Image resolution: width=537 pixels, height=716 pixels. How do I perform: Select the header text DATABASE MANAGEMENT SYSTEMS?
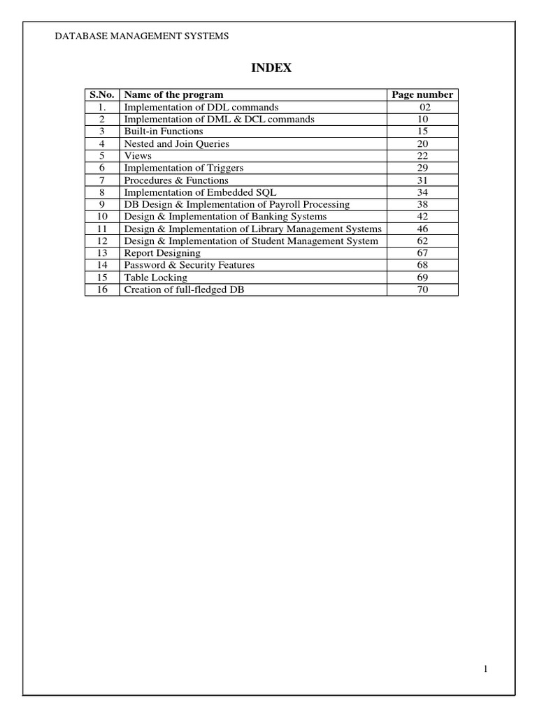(x=142, y=36)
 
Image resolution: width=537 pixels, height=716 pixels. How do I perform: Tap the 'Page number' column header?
(x=422, y=95)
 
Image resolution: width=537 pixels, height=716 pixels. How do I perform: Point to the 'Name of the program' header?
(x=173, y=95)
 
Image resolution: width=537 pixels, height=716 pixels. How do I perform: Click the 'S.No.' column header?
(x=102, y=95)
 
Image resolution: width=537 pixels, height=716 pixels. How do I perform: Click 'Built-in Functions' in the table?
(x=164, y=131)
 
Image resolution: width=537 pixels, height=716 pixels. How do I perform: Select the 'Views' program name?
(x=138, y=156)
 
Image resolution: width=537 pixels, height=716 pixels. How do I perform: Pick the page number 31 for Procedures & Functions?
(x=422, y=180)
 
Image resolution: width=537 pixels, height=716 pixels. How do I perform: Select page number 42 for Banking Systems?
(x=422, y=217)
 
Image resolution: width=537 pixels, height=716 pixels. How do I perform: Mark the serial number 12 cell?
(x=102, y=241)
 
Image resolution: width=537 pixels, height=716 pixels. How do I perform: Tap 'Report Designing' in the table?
(x=162, y=253)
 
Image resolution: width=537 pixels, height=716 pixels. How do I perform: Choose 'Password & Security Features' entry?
(x=189, y=265)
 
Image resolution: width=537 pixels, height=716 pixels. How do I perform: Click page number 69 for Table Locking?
(x=422, y=277)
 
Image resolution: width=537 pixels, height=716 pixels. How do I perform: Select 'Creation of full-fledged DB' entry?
(x=185, y=289)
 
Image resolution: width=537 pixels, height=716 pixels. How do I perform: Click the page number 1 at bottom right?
(x=485, y=670)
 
